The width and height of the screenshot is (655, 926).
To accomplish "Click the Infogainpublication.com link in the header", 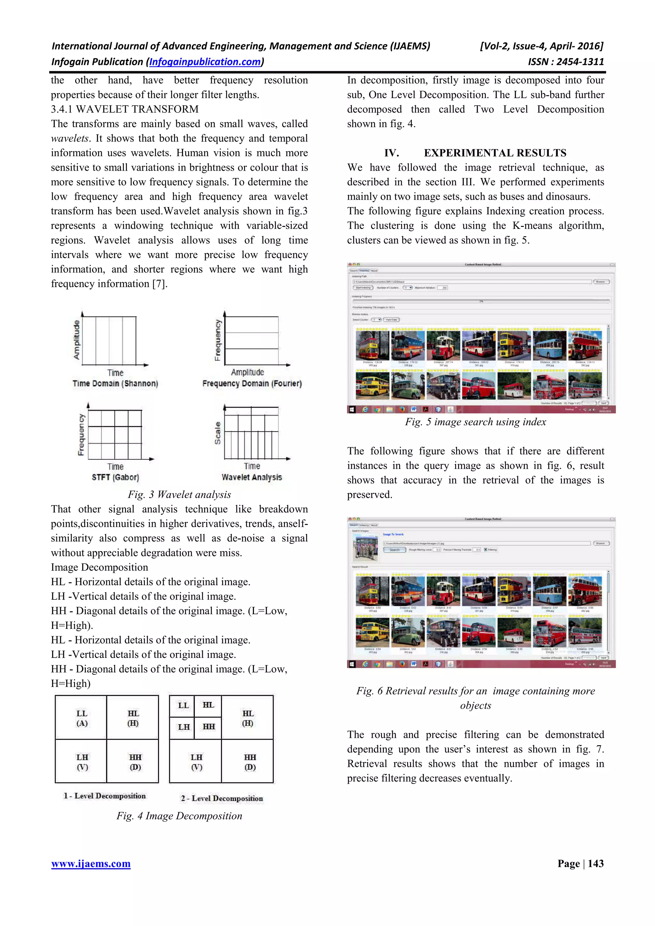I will (x=205, y=62).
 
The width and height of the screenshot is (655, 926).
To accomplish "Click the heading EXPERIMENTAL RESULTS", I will (x=495, y=153).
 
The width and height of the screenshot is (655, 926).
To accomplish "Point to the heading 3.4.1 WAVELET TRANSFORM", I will (x=125, y=109).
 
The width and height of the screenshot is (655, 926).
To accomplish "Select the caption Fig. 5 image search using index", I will (x=475, y=422).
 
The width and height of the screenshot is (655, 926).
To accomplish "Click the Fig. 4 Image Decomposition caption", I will (x=179, y=816).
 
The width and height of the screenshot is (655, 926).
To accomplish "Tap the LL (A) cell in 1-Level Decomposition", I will (x=82, y=718).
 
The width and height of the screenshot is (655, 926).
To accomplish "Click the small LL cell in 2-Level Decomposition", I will (x=183, y=706).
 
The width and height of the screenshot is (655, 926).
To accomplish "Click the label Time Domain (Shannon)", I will (x=115, y=383).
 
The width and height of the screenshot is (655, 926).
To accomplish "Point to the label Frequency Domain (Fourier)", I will (x=252, y=383).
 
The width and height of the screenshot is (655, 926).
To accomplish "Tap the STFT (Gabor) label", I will (x=115, y=477).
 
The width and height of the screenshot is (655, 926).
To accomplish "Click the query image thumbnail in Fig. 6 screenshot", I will (x=365, y=547).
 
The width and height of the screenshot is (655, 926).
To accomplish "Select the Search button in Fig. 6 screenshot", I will (x=394, y=550).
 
